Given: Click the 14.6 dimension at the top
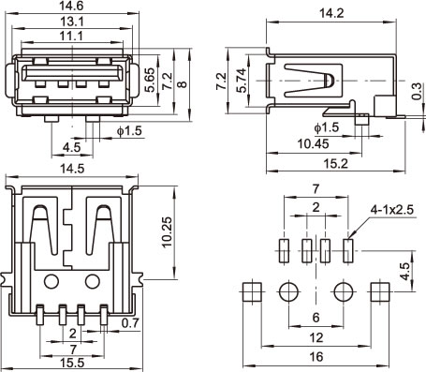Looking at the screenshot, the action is point(72,6).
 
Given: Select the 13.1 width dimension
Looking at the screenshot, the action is point(72,22).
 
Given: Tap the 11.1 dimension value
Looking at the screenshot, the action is point(72,36).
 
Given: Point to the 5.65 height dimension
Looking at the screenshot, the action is point(151,80).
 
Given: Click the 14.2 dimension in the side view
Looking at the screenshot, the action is point(331,13).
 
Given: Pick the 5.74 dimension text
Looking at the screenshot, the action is point(242,81).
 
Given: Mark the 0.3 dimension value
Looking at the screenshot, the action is point(417,91).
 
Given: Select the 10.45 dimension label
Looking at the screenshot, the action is point(313,144).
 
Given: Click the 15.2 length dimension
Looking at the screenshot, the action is point(335,163).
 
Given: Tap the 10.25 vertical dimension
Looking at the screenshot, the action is point(167,232).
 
